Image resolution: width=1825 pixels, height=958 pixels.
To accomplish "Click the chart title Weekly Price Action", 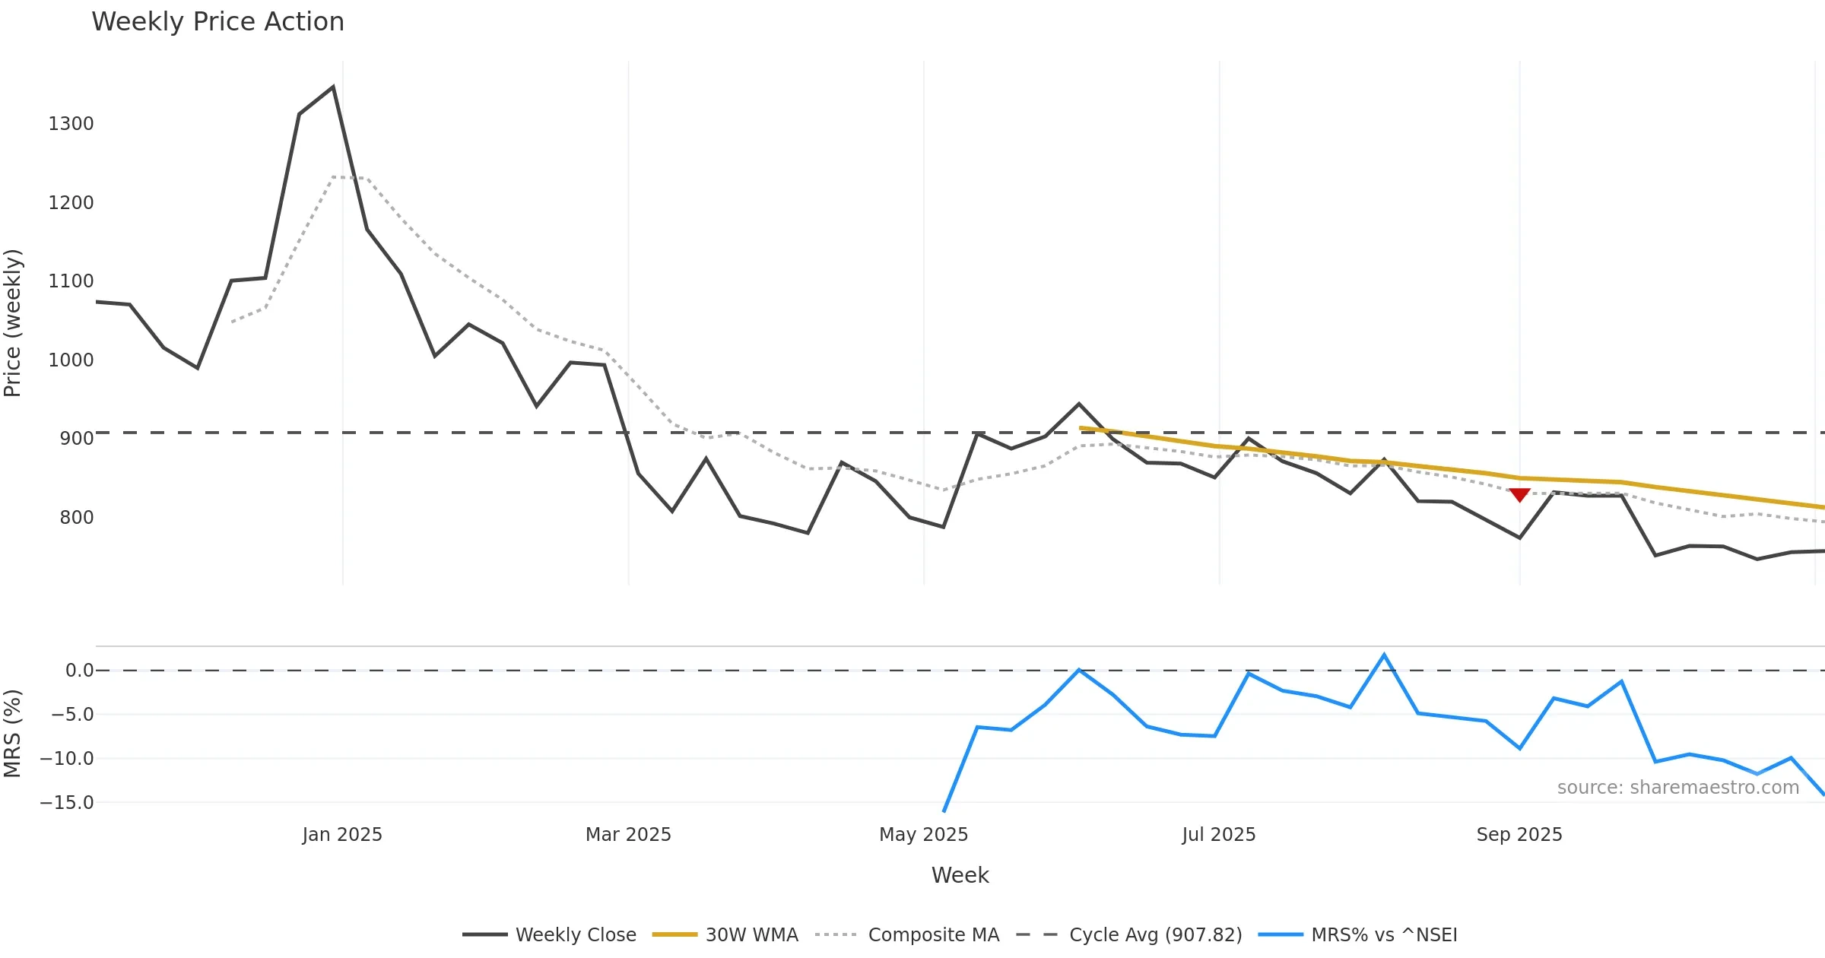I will tap(217, 22).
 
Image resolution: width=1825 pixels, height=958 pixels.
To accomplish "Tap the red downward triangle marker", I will tap(1519, 495).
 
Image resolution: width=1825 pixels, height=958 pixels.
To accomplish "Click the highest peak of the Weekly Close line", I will tap(333, 87).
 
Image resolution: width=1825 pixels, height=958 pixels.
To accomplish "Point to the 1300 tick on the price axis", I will tap(71, 124).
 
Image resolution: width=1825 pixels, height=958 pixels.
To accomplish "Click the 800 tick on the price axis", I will tap(76, 518).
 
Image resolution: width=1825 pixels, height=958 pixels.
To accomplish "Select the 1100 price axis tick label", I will tap(71, 281).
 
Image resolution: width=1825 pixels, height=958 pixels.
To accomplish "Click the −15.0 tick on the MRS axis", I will tap(67, 803).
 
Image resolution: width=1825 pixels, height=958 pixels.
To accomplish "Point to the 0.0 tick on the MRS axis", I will tap(79, 671).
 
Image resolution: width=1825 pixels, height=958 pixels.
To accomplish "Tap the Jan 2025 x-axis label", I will tap(342, 835).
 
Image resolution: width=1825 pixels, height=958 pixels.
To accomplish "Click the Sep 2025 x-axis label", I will tap(1519, 835).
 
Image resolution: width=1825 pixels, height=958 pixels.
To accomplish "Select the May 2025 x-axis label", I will tap(923, 835).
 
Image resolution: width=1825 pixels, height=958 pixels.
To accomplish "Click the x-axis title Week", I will tap(960, 876).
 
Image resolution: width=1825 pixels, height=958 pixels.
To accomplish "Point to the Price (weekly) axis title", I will tap(13, 323).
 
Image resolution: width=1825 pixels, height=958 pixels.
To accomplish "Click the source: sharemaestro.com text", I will tap(1677, 788).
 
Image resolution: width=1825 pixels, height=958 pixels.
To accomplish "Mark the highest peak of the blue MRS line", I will tap(1384, 655).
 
